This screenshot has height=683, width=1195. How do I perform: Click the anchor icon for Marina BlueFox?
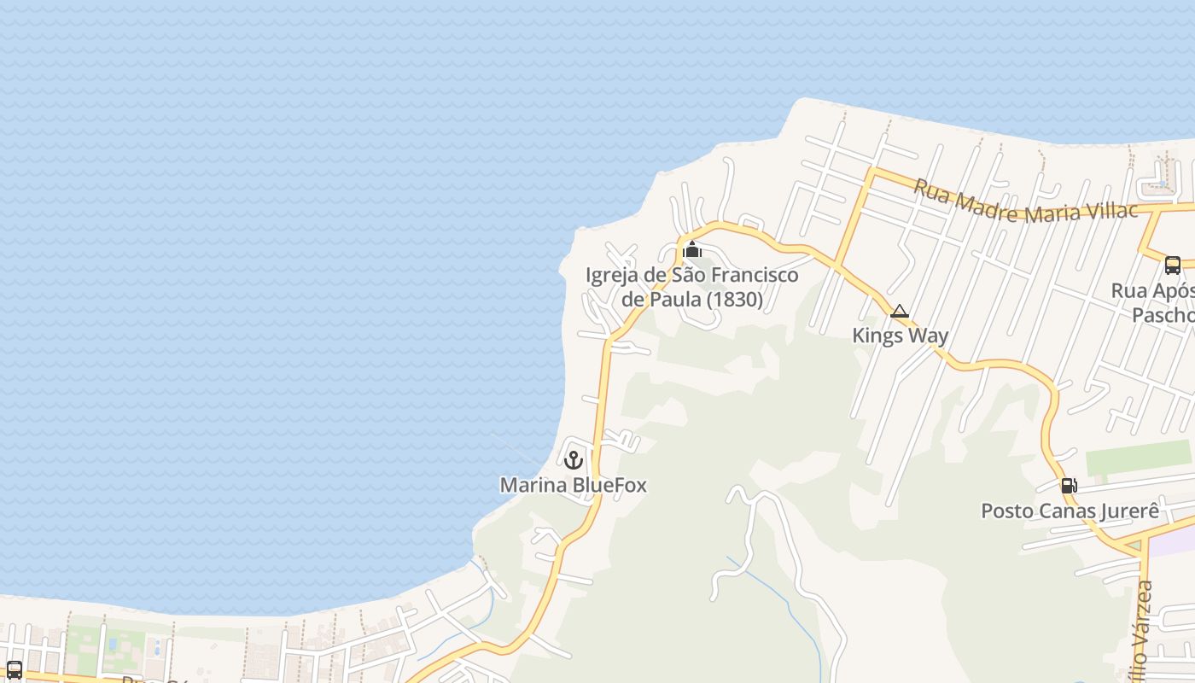pyautogui.click(x=574, y=460)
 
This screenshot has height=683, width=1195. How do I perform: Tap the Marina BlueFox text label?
pyautogui.click(x=573, y=486)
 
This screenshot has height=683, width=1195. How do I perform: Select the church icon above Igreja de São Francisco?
pyautogui.click(x=692, y=250)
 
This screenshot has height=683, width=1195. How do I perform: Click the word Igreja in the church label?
pyautogui.click(x=611, y=275)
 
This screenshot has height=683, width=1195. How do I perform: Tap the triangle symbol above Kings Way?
pyautogui.click(x=899, y=312)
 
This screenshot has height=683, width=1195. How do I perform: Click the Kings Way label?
pyautogui.click(x=900, y=336)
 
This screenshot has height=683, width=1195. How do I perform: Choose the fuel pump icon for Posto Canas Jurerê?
pyautogui.click(x=1068, y=486)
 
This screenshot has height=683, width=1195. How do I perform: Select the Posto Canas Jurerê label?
pyautogui.click(x=1070, y=511)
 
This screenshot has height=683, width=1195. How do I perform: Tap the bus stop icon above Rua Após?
pyautogui.click(x=1173, y=265)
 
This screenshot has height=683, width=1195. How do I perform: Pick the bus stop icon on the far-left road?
pyautogui.click(x=14, y=669)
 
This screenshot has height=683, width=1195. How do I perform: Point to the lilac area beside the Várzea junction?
pyautogui.click(x=1175, y=540)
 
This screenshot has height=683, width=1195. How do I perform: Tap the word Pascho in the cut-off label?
pyautogui.click(x=1163, y=315)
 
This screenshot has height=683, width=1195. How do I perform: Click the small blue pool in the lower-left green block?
pyautogui.click(x=111, y=642)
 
